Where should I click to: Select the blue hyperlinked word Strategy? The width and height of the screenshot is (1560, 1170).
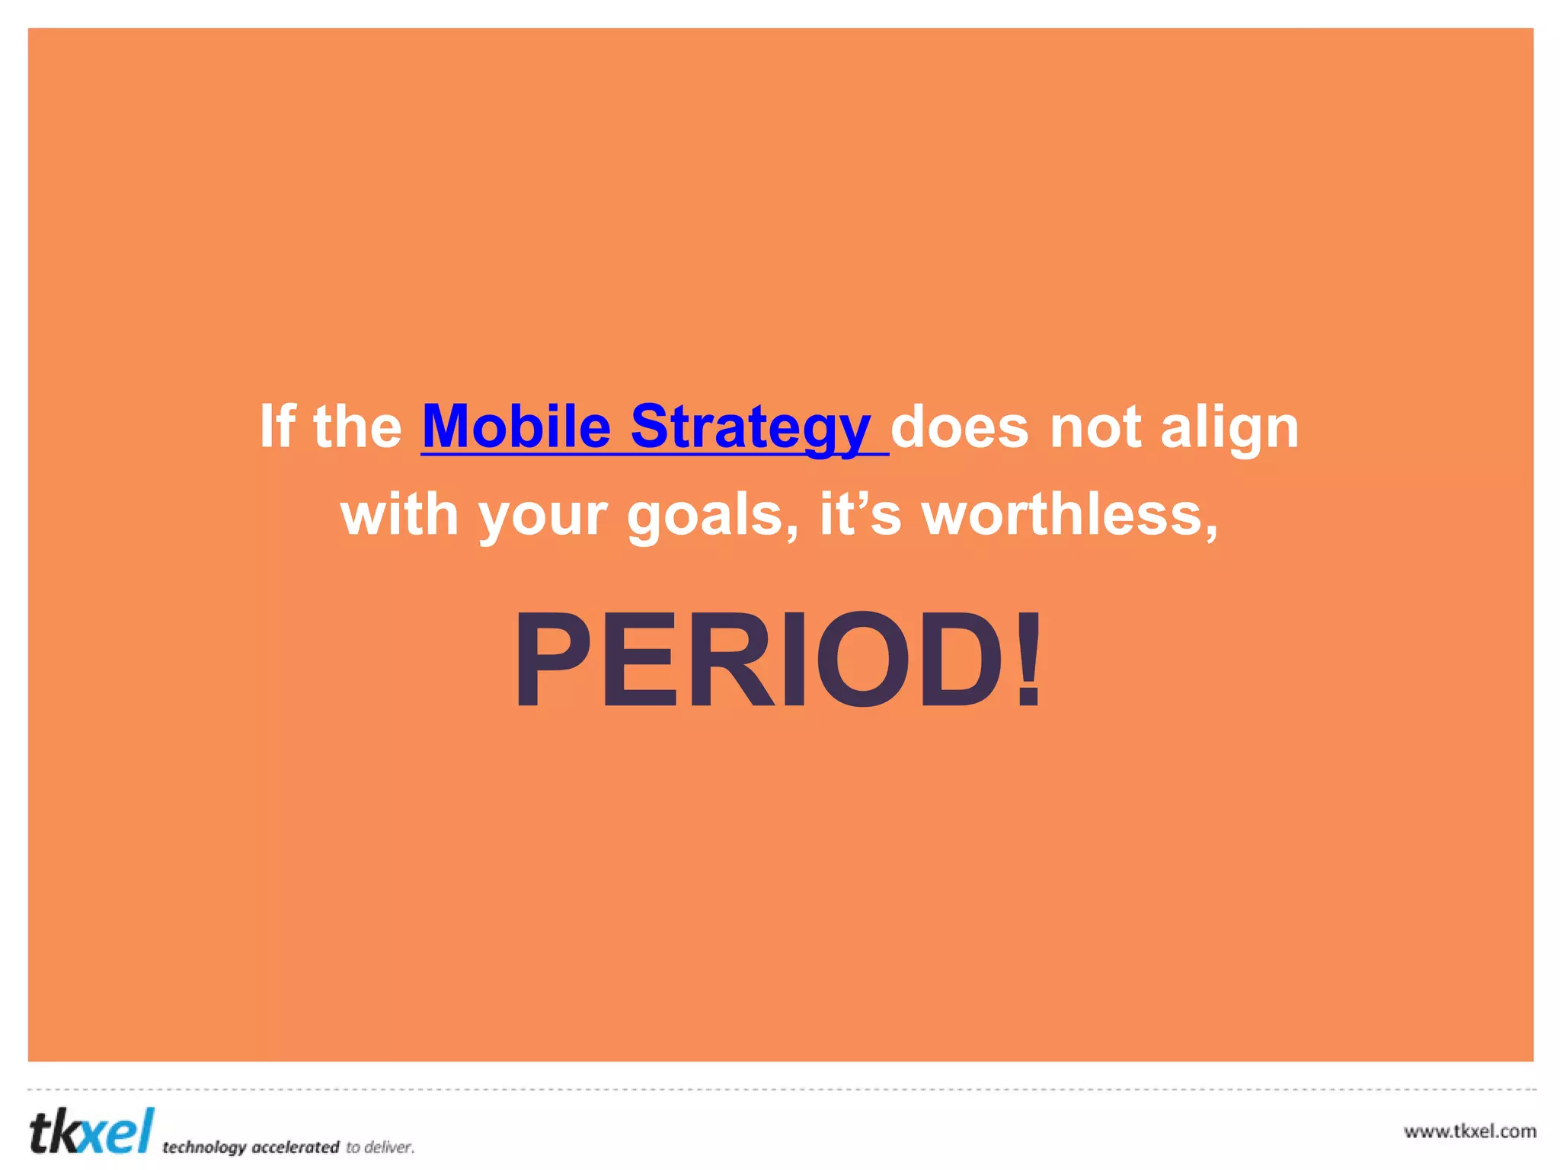coord(750,428)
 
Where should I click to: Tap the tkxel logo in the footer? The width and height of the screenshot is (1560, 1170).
coord(91,1132)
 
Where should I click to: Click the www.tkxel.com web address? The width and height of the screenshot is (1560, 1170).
coord(1469,1131)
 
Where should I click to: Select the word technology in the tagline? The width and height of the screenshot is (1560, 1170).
coord(204,1147)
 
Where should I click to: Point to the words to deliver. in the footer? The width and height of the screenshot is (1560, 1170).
coord(380,1147)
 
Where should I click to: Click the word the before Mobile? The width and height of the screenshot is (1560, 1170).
coord(357,427)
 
